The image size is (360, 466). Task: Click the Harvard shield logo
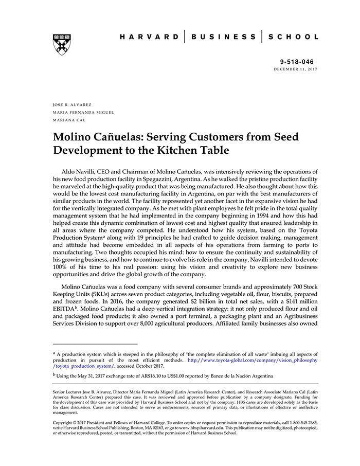tap(62, 45)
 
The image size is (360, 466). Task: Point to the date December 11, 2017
tap(295, 69)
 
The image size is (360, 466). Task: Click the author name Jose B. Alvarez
tap(72, 104)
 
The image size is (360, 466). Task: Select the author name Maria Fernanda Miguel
tap(83, 112)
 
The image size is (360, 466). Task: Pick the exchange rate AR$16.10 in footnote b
tap(146, 375)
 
